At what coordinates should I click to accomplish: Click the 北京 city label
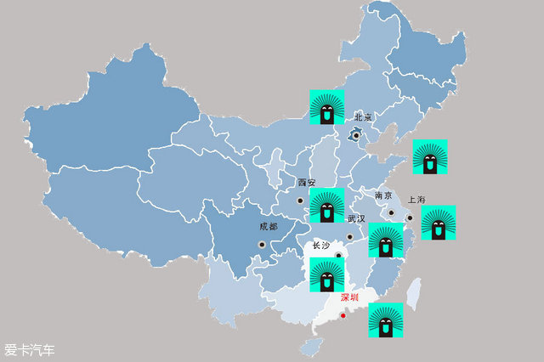pos(364,116)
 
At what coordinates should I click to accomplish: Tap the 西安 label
pos(306,183)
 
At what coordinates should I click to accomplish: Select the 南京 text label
pos(383,195)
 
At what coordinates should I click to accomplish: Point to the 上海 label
pos(416,200)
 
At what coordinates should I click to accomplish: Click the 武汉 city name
pos(355,218)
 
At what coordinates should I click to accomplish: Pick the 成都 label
pos(269,227)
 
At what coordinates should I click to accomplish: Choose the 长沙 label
pos(320,246)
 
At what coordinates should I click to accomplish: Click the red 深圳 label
pos(350,297)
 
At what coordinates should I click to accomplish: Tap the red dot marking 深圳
pos(343,317)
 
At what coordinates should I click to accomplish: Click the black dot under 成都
pos(262,245)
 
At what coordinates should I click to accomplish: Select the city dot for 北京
pos(356,134)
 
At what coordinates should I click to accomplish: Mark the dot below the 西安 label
pos(299,201)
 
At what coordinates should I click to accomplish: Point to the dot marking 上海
pos(409,218)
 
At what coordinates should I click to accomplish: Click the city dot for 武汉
pos(349,237)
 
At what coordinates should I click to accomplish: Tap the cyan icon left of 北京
pos(326,107)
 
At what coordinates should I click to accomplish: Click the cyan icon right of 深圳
pos(385,320)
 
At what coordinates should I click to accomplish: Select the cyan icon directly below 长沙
pos(326,275)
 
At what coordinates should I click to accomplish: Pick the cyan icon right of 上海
pos(439,223)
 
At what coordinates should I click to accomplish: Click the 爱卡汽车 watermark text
pos(30,349)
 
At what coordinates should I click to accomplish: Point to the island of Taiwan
pos(414,293)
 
